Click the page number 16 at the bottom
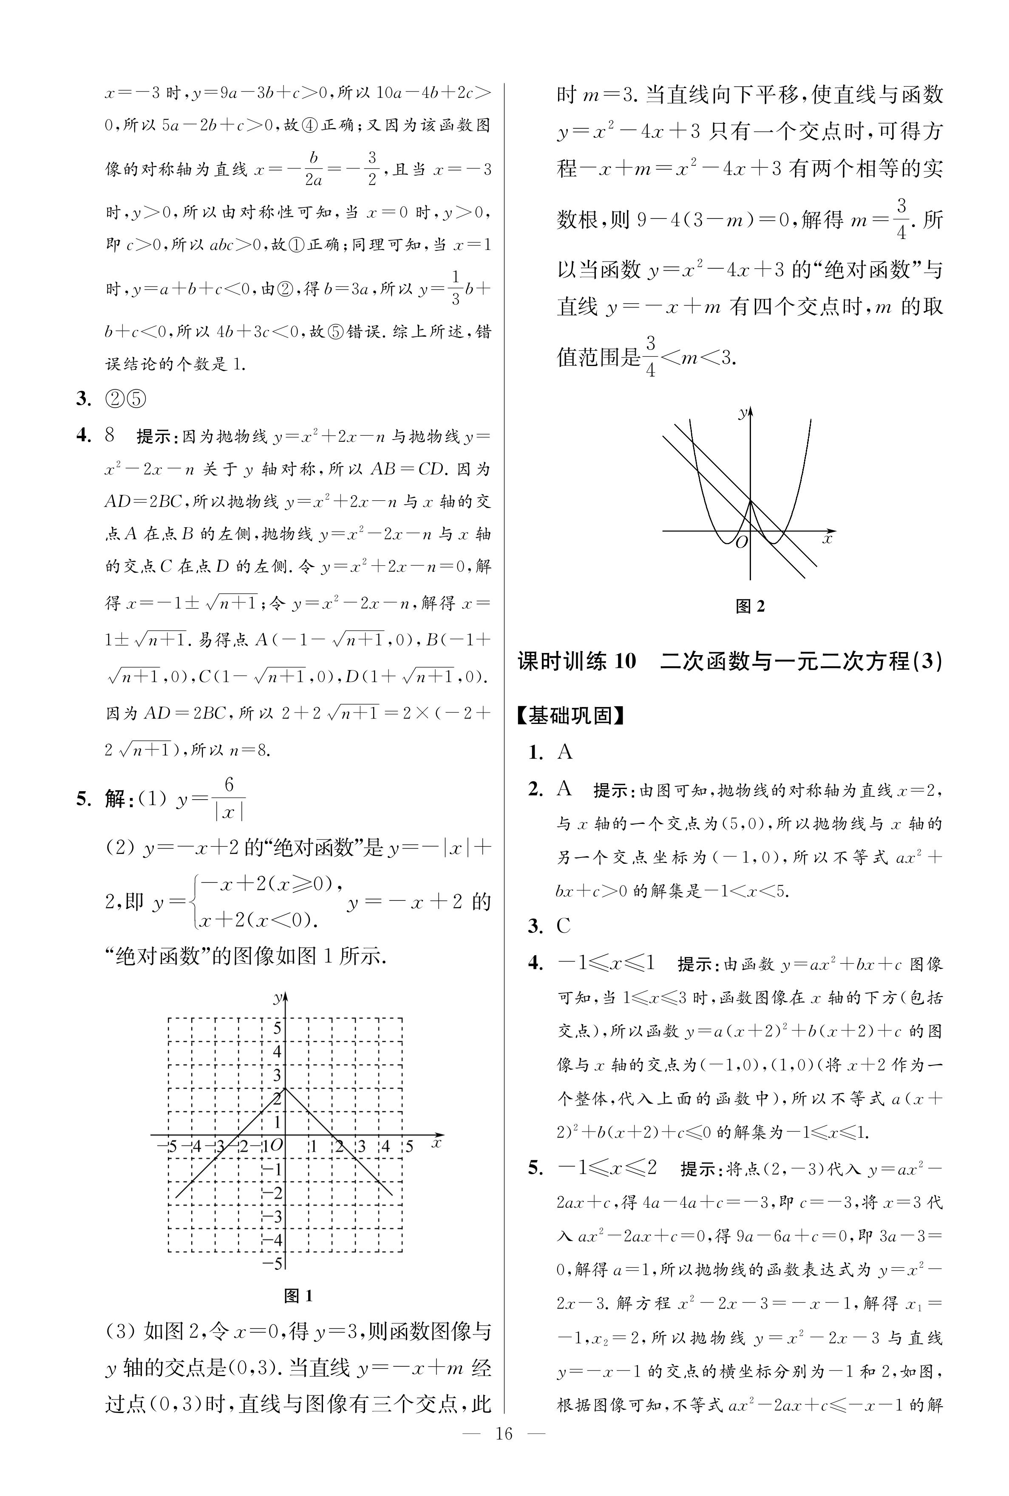pos(504,1470)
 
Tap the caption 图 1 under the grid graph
pos(298,1296)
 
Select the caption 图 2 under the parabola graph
pos(750,605)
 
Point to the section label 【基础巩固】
pos(571,715)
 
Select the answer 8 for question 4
pos(109,436)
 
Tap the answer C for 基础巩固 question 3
pos(564,926)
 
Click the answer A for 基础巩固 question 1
pos(565,752)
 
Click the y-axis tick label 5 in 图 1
pos(278,1028)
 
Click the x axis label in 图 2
pos(828,539)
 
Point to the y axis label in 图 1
pos(278,998)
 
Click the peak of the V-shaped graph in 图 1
pos(285,1088)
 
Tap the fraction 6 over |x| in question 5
pos(228,798)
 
